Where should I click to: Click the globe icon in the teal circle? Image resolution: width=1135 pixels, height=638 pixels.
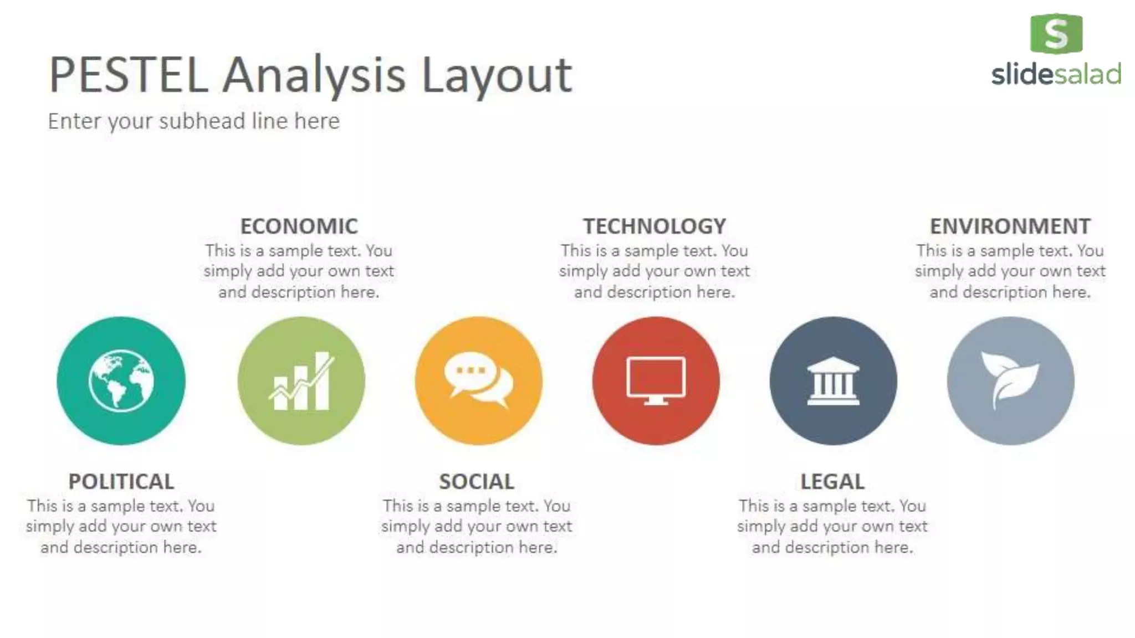pyautogui.click(x=121, y=381)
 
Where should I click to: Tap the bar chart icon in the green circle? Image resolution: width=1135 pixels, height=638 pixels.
pyautogui.click(x=301, y=381)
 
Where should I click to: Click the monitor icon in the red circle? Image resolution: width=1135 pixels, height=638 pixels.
pyautogui.click(x=656, y=380)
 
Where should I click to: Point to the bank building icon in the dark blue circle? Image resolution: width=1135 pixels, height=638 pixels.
pyautogui.click(x=833, y=381)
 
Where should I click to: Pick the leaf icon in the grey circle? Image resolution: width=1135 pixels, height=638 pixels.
pyautogui.click(x=1010, y=380)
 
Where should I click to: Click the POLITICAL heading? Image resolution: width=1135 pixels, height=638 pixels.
pyautogui.click(x=121, y=481)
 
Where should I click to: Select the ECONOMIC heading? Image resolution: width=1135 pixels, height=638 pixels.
pyautogui.click(x=299, y=226)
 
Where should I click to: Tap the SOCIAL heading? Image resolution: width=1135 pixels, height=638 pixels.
pyautogui.click(x=477, y=481)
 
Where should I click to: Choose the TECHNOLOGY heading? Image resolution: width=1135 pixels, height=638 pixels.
pyautogui.click(x=655, y=226)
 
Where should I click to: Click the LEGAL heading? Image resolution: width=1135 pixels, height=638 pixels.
pyautogui.click(x=832, y=481)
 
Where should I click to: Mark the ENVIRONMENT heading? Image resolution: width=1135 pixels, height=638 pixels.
pyautogui.click(x=1010, y=226)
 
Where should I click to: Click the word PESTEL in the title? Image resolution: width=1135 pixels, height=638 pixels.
pyautogui.click(x=129, y=75)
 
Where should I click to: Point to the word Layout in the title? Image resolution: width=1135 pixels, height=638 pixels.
pyautogui.click(x=497, y=76)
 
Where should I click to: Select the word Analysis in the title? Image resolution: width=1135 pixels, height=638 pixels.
pyautogui.click(x=315, y=76)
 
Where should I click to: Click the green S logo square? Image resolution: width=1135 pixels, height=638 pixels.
pyautogui.click(x=1056, y=34)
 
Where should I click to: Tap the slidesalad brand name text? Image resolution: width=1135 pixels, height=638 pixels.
pyautogui.click(x=1056, y=74)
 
